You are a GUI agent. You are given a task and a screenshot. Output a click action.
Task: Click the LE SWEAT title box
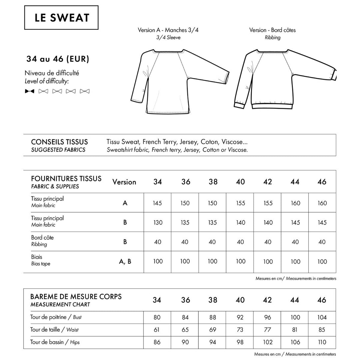point(62,18)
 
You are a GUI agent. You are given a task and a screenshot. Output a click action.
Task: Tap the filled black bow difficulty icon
point(30,91)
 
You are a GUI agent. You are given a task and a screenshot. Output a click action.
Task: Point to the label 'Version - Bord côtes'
point(272,30)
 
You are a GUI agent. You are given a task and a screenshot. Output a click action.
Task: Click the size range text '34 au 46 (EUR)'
point(58,59)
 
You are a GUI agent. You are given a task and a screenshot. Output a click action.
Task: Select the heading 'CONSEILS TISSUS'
point(59,142)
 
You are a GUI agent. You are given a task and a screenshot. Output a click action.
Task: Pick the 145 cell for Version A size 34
point(157,203)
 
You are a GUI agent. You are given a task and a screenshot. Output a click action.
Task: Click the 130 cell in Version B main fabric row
point(157,222)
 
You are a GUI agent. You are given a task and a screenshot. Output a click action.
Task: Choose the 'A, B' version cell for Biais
point(125,262)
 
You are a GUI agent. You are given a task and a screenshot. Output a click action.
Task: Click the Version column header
point(124,182)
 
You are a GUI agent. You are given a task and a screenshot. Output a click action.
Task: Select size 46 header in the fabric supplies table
point(322,182)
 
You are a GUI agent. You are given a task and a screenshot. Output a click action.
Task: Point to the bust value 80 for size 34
point(157,317)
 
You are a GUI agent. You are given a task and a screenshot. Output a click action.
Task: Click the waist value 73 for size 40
point(240,330)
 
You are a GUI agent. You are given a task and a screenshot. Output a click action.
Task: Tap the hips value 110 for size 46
point(322,342)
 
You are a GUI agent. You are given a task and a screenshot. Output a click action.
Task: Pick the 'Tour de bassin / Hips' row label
point(55,342)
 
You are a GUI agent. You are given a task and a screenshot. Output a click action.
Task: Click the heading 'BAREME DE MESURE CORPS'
point(76,296)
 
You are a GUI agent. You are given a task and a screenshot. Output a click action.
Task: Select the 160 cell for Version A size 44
point(295,203)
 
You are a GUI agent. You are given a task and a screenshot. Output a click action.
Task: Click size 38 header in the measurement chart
point(213,300)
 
